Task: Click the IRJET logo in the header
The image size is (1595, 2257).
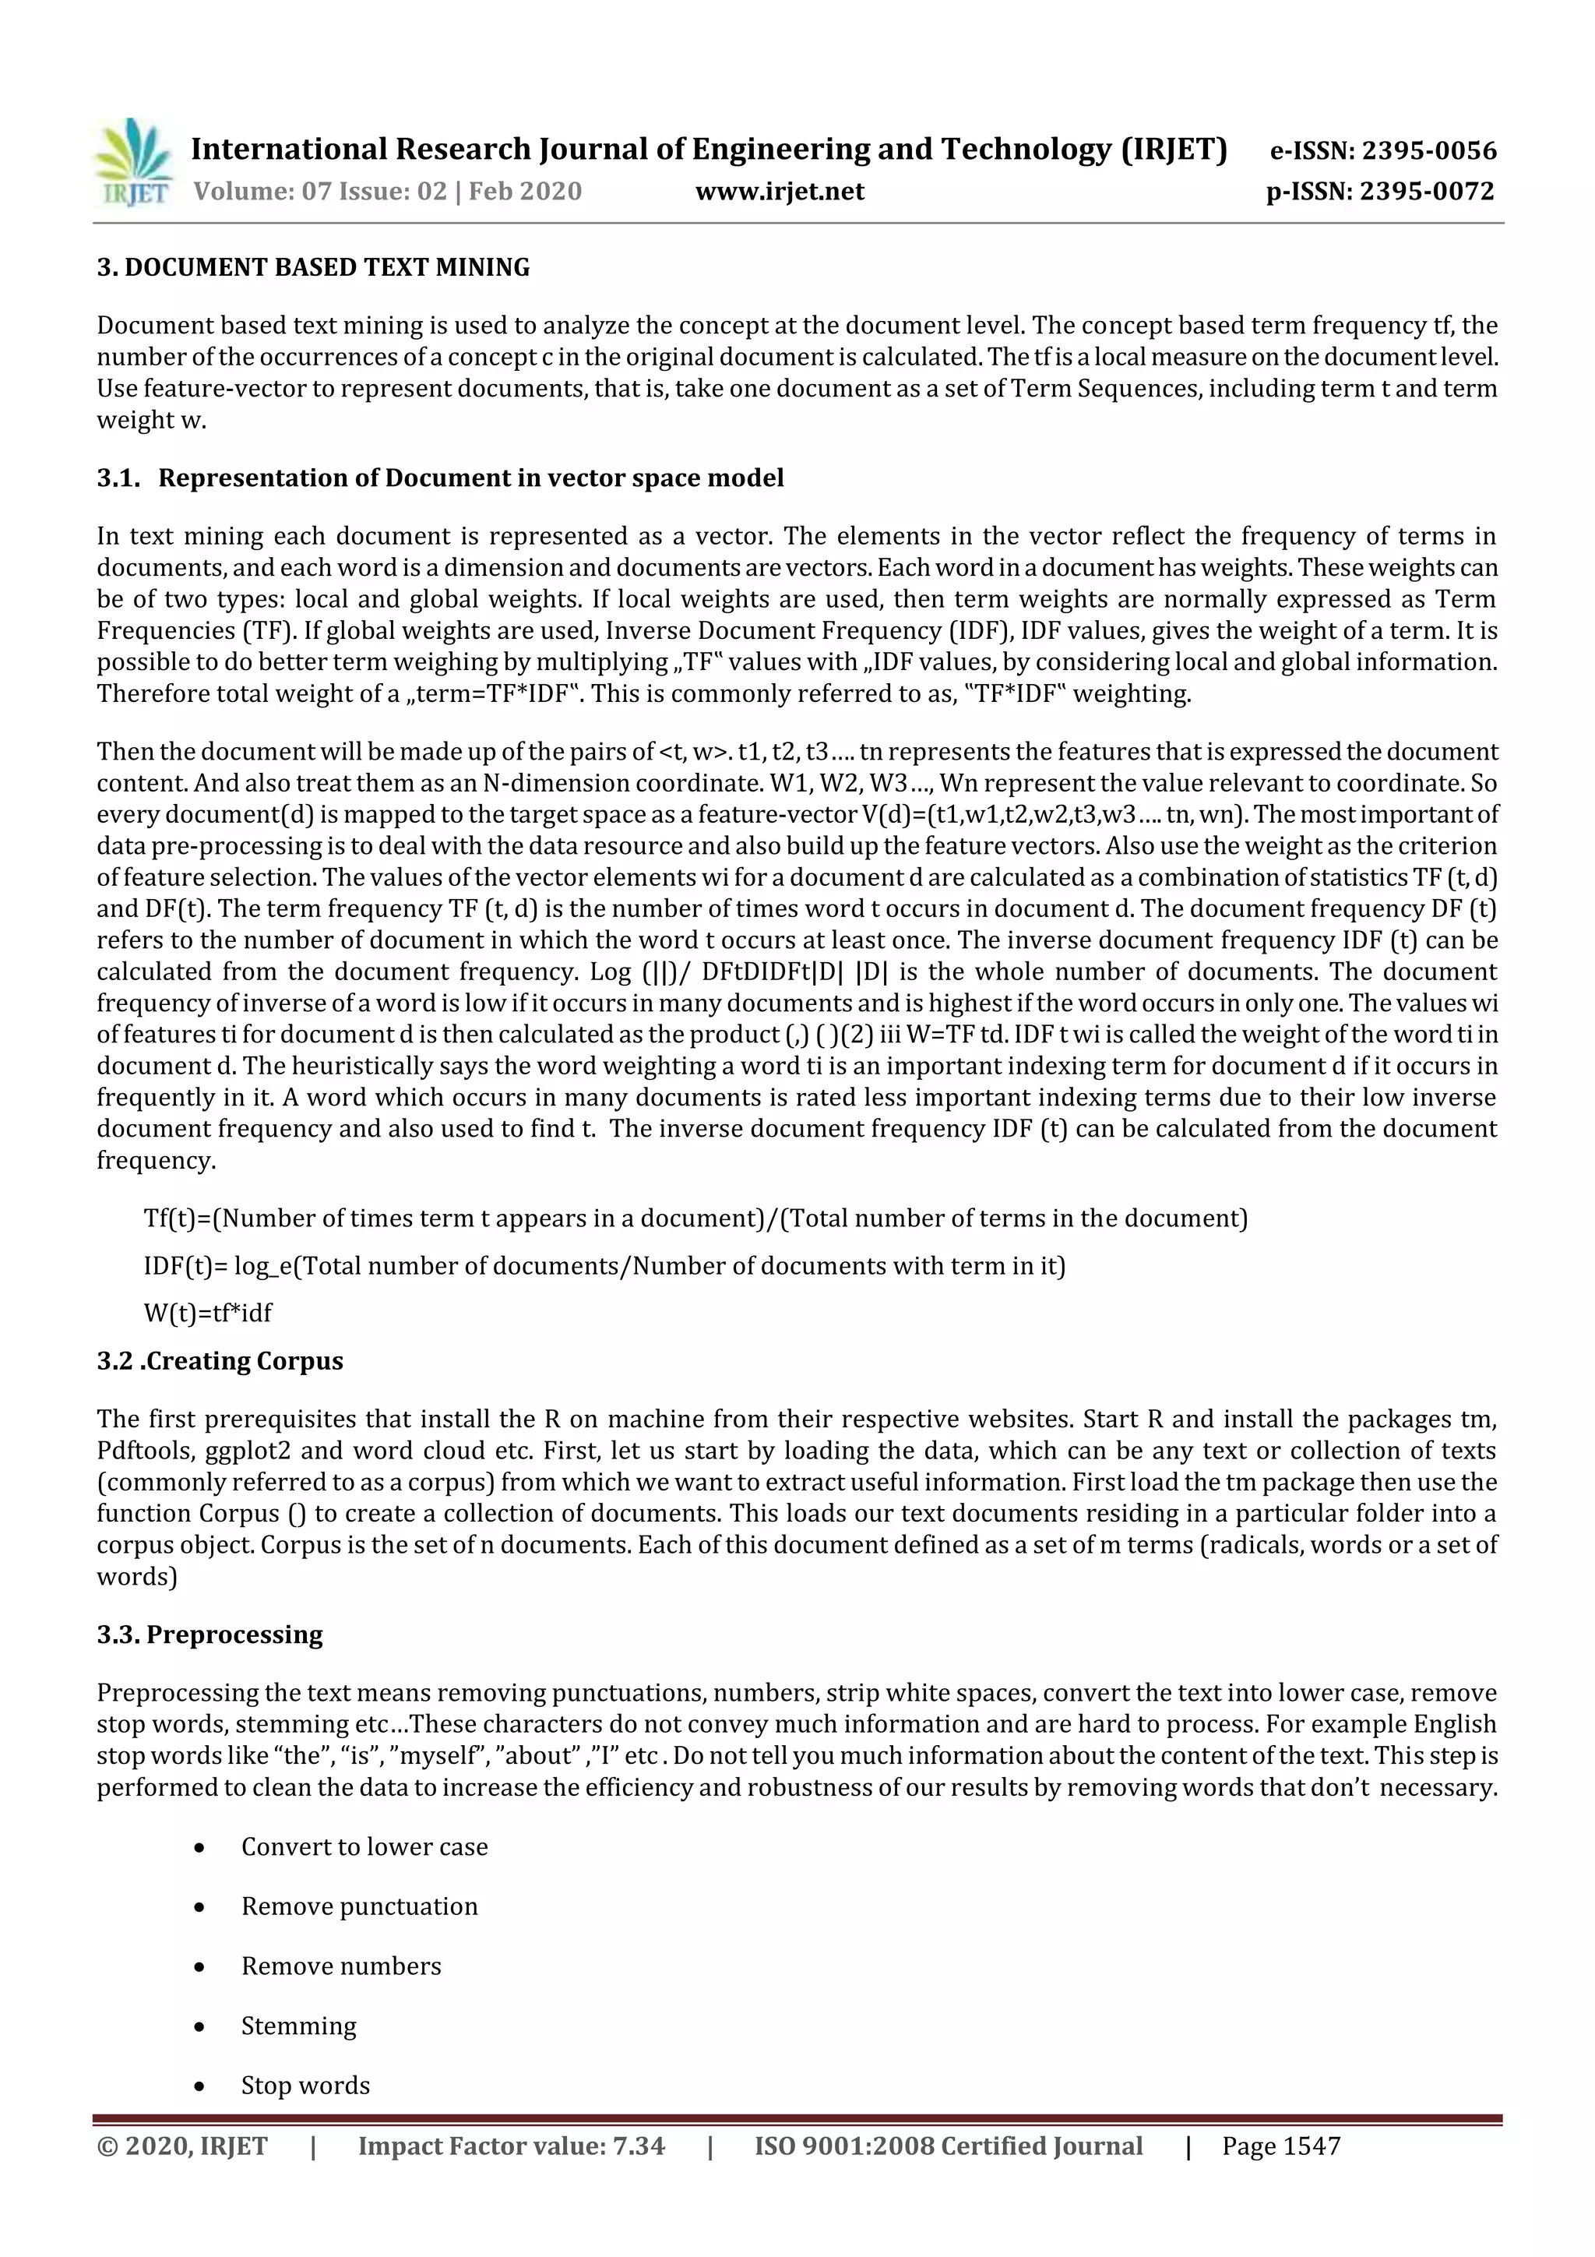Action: [132, 163]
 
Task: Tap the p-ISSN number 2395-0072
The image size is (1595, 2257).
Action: [1427, 191]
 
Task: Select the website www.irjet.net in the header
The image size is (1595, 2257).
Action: [780, 191]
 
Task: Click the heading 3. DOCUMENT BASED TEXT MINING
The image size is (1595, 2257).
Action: [312, 267]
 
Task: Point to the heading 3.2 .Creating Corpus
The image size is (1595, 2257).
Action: [220, 1360]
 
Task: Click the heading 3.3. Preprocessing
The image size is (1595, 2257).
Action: [209, 1634]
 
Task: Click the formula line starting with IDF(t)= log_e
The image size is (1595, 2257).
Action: [604, 1265]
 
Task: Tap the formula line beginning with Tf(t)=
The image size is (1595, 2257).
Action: [695, 1218]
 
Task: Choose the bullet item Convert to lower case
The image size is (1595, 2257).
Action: [364, 1846]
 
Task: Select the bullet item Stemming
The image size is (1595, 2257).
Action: [299, 2025]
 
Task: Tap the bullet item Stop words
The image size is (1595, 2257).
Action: [305, 2085]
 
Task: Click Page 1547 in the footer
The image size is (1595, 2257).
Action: [1280, 2146]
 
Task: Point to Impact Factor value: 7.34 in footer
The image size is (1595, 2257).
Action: [511, 2146]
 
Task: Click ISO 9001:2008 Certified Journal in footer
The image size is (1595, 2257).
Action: [949, 2146]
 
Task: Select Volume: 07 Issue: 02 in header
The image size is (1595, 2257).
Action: [319, 191]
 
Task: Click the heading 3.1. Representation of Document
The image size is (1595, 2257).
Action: [440, 478]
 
